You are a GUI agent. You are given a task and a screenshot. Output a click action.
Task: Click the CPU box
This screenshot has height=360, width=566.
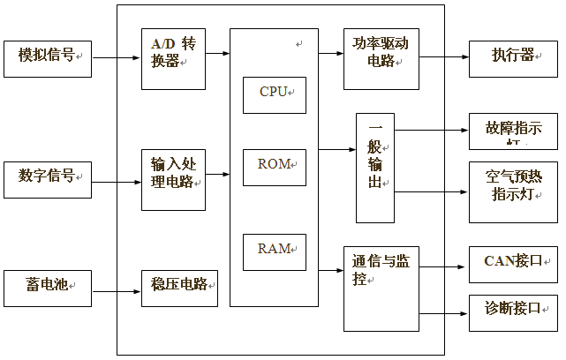[274, 94]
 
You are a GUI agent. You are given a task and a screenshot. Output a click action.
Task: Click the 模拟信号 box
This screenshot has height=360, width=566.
[48, 57]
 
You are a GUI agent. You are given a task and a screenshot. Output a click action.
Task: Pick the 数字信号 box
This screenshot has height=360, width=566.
[48, 179]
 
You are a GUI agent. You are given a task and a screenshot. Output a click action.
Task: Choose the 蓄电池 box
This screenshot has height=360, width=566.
[48, 288]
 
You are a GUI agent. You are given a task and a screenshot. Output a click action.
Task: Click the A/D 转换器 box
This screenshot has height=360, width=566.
[173, 57]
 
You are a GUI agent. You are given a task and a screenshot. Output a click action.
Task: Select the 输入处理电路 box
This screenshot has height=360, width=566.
[173, 179]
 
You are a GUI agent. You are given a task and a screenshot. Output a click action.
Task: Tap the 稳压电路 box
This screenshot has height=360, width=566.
[179, 288]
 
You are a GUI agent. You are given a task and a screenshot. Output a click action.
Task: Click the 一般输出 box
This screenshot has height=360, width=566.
[375, 168]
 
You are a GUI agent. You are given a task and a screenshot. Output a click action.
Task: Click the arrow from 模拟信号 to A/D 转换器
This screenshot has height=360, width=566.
[116, 58]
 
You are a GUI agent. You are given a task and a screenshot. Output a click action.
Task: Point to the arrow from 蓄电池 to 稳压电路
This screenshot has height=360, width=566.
[116, 288]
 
